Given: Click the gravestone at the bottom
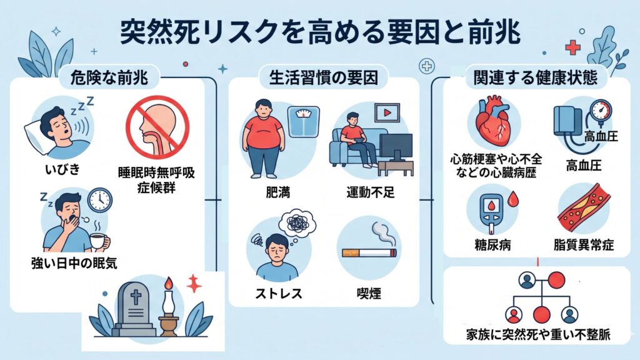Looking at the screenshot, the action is click(x=134, y=310).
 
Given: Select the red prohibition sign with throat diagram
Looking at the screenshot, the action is click(x=157, y=127).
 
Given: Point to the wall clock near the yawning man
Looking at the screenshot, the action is click(x=100, y=200).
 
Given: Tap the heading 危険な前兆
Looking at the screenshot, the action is click(x=109, y=78).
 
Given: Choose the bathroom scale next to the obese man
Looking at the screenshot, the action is click(x=303, y=122).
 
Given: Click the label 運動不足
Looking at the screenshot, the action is click(x=370, y=192).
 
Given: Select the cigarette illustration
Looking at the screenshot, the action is click(x=369, y=252).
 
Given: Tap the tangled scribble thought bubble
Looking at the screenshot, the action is click(x=297, y=224).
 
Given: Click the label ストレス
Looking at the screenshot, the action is click(x=278, y=294).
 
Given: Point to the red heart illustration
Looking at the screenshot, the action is click(x=494, y=122).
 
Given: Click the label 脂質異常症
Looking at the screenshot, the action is click(x=583, y=245).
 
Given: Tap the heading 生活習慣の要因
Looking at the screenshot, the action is click(x=323, y=78).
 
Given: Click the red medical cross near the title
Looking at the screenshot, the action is click(x=572, y=47).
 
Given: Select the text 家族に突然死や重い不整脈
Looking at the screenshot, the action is click(x=538, y=335).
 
